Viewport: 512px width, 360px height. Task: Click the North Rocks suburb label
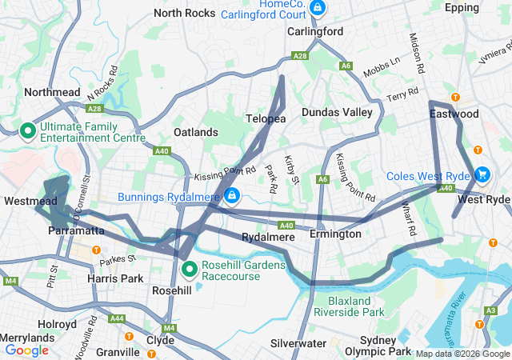pyautogui.click(x=184, y=13)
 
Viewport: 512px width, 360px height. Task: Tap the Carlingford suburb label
pyautogui.click(x=315, y=32)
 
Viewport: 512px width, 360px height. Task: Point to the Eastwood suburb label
pyautogui.click(x=454, y=114)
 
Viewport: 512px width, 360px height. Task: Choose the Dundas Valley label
pyautogui.click(x=337, y=113)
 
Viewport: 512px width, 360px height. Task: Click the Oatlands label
pyautogui.click(x=196, y=132)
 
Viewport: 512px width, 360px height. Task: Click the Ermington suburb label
pyautogui.click(x=336, y=234)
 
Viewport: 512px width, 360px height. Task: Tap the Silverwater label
pyautogui.click(x=298, y=343)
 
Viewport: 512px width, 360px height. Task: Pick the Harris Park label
pyautogui.click(x=112, y=278)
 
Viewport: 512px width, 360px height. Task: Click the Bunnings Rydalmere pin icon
pyautogui.click(x=231, y=195)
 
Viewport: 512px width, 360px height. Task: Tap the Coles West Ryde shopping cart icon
pyautogui.click(x=482, y=174)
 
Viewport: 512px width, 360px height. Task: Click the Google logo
pyautogui.click(x=27, y=350)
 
